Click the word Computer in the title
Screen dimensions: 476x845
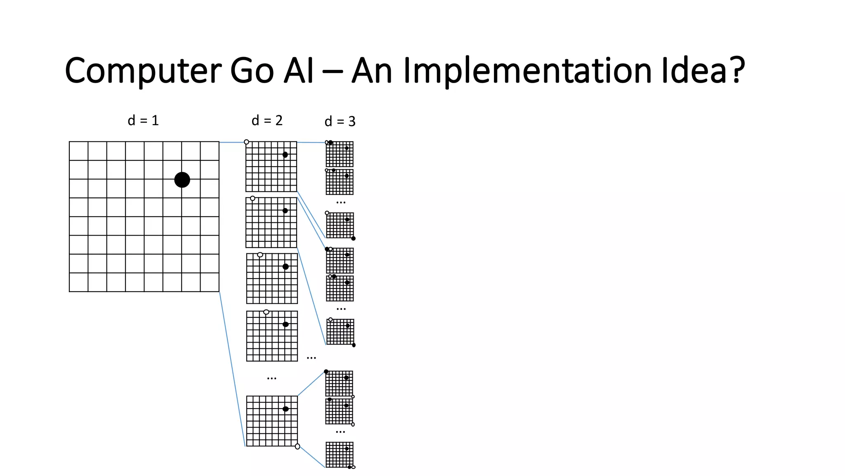[x=143, y=71]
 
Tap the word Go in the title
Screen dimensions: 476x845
[x=252, y=71]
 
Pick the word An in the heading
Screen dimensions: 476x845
[x=372, y=71]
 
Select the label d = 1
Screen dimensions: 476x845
[x=143, y=121]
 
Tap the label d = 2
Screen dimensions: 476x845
[x=267, y=121]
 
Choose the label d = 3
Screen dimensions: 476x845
[x=340, y=121]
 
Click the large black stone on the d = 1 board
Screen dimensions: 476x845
[x=182, y=180]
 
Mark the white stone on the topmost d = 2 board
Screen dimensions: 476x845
[x=246, y=142]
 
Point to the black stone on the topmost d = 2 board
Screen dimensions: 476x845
[x=285, y=155]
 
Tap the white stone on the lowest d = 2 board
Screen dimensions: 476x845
[x=297, y=446]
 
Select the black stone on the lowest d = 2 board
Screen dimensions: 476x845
[x=286, y=409]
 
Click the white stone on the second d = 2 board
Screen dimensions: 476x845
[x=253, y=198]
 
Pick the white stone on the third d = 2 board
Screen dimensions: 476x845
[x=260, y=255]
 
